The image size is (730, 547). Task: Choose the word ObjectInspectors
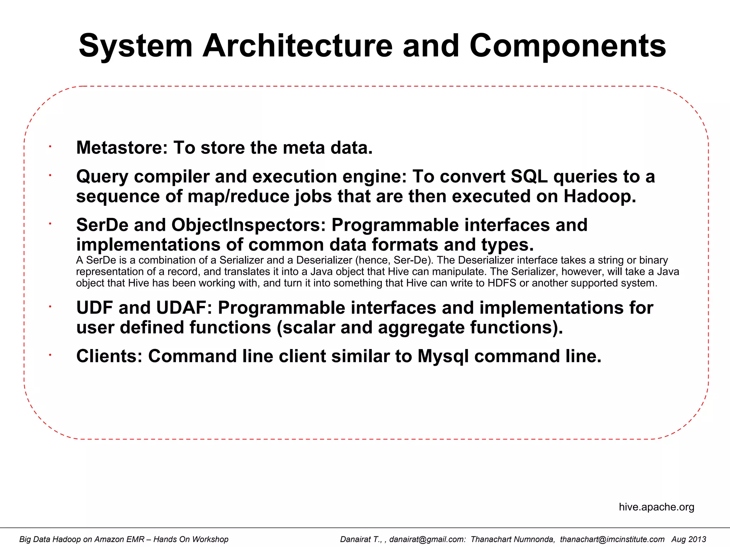click(x=248, y=225)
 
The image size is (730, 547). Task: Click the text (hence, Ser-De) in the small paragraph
click(x=394, y=260)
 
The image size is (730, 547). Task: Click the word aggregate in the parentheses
click(x=421, y=327)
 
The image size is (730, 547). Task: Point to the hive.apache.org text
click(x=657, y=507)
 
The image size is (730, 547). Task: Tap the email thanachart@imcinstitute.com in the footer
click(x=612, y=539)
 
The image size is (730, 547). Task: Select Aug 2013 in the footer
click(x=689, y=539)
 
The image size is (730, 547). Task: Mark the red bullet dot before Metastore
click(x=51, y=146)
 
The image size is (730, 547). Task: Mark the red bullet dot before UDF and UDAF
click(x=51, y=306)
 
